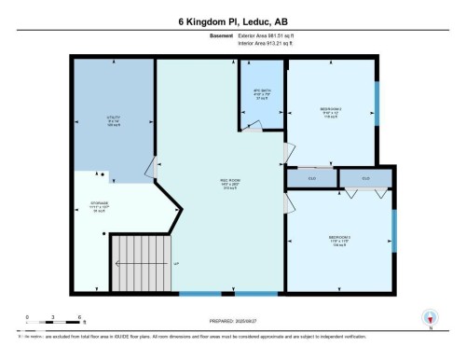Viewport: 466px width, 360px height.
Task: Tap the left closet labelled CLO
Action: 312,178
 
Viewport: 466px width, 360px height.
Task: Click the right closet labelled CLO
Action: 365,178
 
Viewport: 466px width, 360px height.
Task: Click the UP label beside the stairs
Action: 175,265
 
